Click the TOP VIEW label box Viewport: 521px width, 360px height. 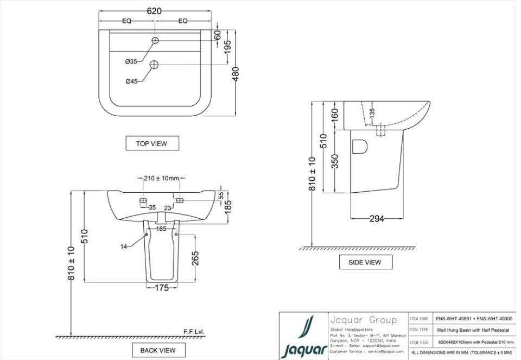(x=151, y=143)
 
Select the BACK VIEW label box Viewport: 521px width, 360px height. (x=158, y=350)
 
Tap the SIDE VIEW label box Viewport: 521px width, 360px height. (x=365, y=262)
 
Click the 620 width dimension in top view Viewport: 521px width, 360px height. (x=155, y=11)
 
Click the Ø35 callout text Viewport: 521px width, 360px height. (x=131, y=62)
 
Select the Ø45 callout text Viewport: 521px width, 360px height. (x=131, y=81)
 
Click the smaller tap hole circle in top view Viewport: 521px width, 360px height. (x=155, y=40)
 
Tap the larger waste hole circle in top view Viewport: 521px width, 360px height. (x=154, y=65)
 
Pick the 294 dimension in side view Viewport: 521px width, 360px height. (x=377, y=219)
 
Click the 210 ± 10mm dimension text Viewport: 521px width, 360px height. (x=162, y=178)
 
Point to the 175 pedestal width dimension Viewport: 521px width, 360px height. (x=162, y=288)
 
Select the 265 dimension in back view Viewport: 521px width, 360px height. (x=195, y=258)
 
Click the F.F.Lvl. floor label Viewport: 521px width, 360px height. (x=194, y=331)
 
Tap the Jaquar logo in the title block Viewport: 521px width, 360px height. (x=304, y=337)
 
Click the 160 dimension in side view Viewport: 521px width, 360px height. (x=334, y=115)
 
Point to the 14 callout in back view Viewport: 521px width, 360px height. (x=124, y=247)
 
